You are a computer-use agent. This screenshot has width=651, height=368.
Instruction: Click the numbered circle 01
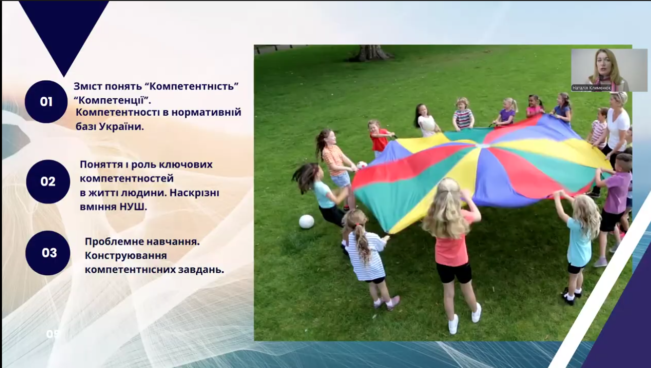pyautogui.click(x=46, y=102)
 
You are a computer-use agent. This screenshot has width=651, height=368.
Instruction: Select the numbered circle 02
pyautogui.click(x=48, y=182)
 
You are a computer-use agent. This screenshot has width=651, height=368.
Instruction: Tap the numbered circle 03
pyautogui.click(x=48, y=253)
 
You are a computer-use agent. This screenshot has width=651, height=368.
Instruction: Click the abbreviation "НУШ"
pyautogui.click(x=133, y=207)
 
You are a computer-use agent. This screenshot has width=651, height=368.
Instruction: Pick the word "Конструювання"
pyautogui.click(x=126, y=256)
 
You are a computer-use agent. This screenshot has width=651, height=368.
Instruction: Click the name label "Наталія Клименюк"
pyautogui.click(x=591, y=88)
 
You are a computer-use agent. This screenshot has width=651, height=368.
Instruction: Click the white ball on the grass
pyautogui.click(x=307, y=222)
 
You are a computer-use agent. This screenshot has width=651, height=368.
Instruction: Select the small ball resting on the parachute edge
pyautogui.click(x=362, y=165)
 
